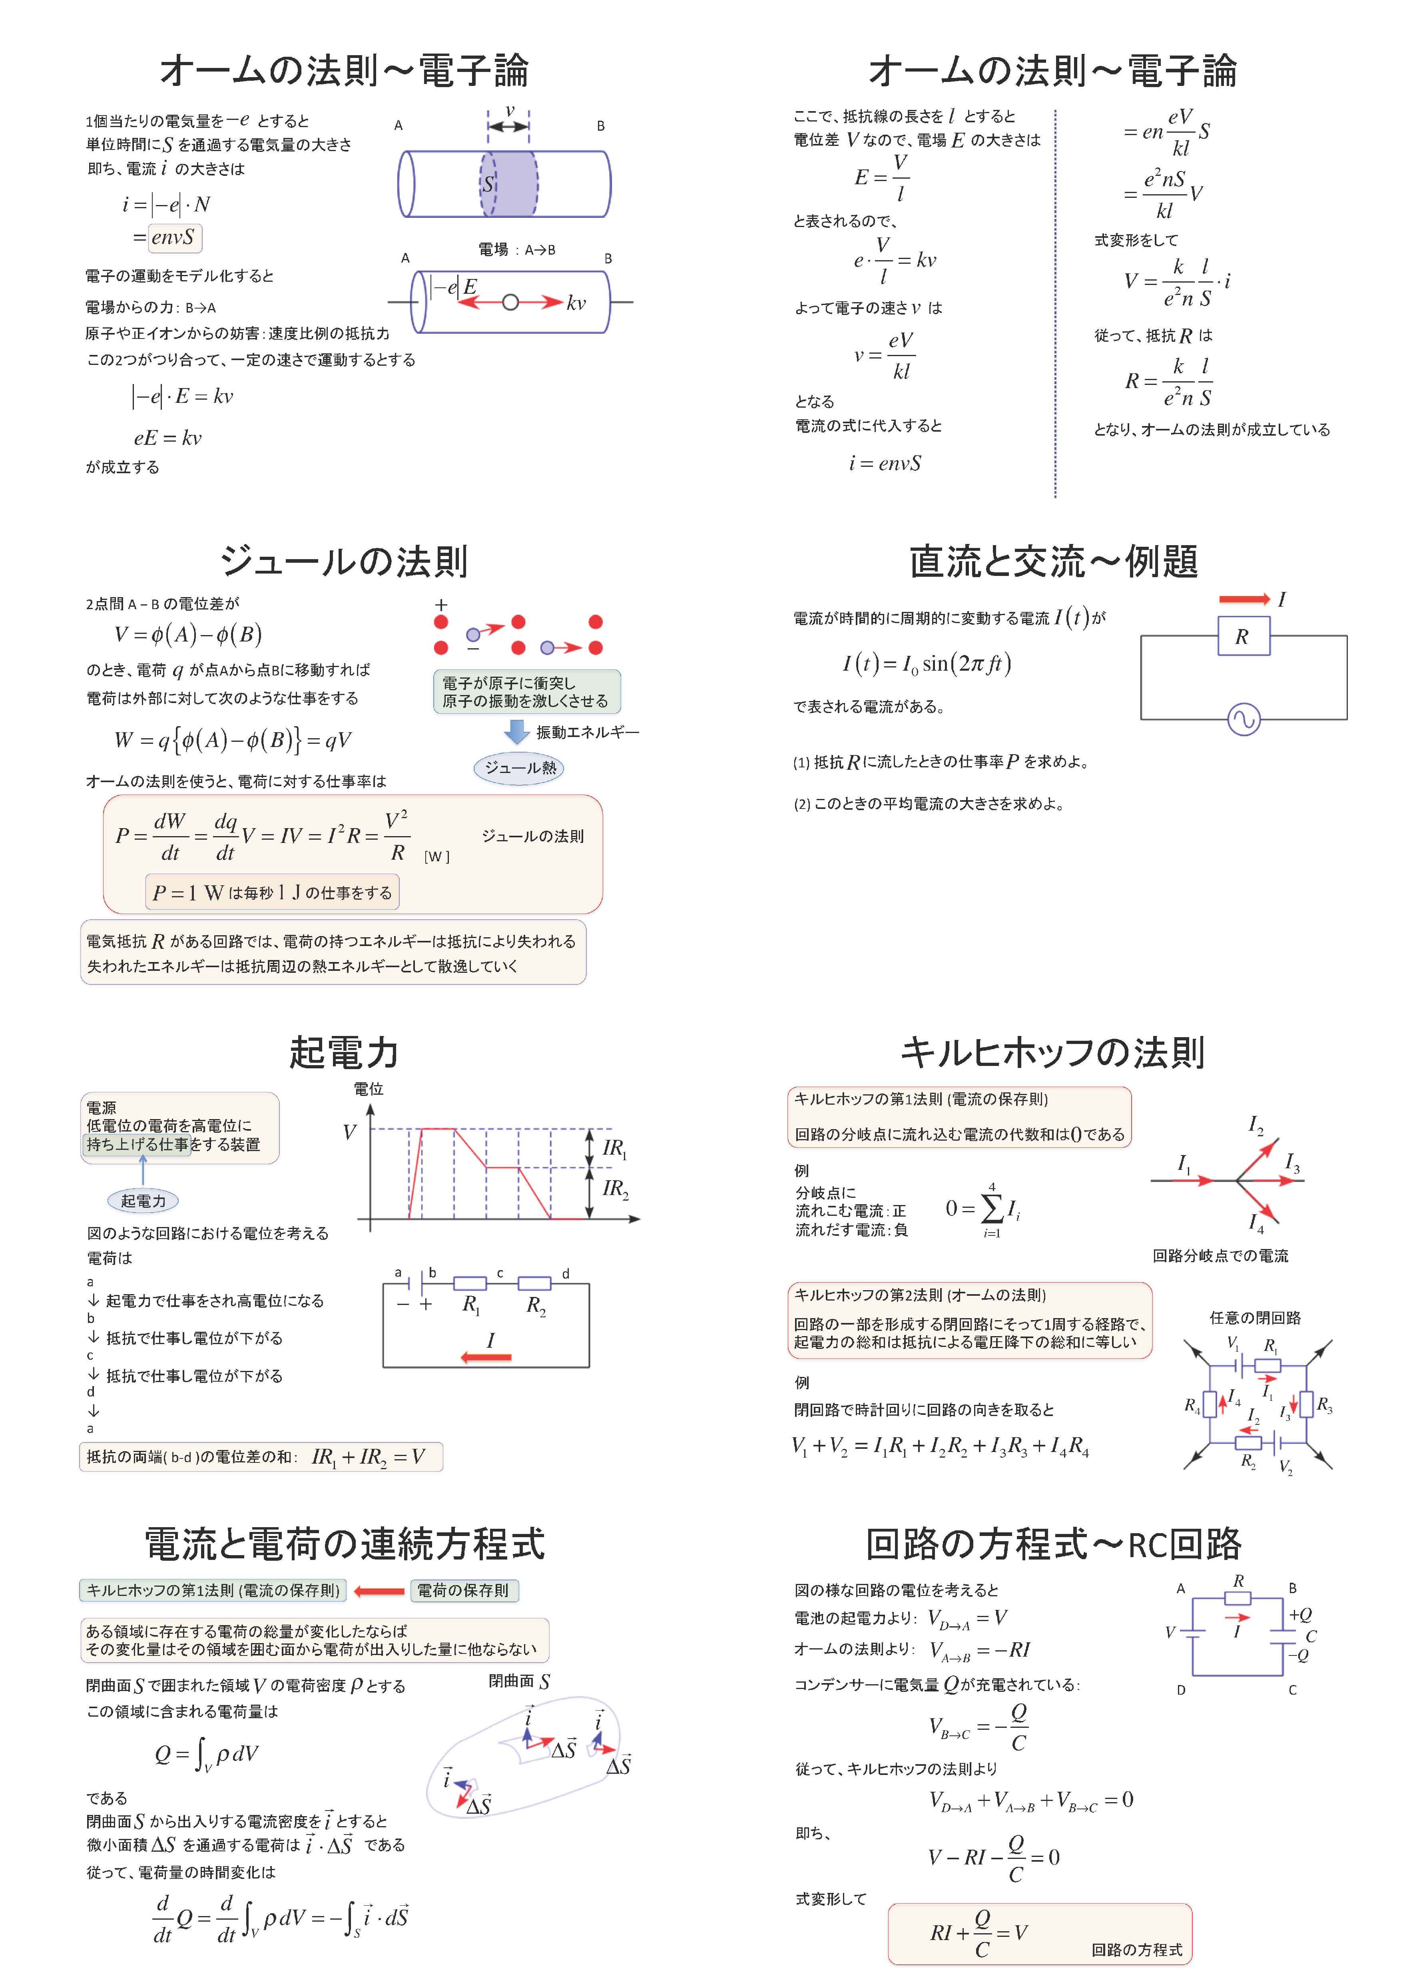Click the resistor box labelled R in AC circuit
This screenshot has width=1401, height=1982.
(x=1242, y=636)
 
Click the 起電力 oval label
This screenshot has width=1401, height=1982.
(x=143, y=1201)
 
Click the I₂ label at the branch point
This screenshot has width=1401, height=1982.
(x=1256, y=1125)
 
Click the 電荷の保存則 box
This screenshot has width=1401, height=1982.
(x=464, y=1590)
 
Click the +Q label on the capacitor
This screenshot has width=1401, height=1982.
(x=1300, y=1614)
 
